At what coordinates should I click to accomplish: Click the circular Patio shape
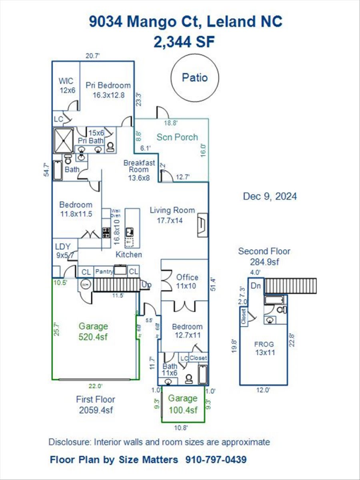(195, 77)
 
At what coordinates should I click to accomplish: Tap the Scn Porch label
(177, 137)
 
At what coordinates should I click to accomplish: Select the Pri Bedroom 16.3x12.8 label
(108, 90)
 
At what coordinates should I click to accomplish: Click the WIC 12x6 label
(67, 85)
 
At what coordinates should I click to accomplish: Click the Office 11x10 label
(187, 281)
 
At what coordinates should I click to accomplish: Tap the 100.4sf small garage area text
(183, 410)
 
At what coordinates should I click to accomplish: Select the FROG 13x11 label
(264, 348)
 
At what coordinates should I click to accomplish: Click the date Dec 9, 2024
(269, 196)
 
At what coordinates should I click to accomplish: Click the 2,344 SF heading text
(184, 42)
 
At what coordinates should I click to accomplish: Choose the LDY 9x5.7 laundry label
(63, 251)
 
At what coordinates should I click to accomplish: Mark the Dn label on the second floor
(256, 286)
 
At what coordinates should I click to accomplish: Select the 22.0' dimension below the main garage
(95, 386)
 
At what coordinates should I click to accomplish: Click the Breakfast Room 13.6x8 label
(139, 170)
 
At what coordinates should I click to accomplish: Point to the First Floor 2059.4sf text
(96, 405)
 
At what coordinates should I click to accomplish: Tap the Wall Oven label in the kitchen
(116, 213)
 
